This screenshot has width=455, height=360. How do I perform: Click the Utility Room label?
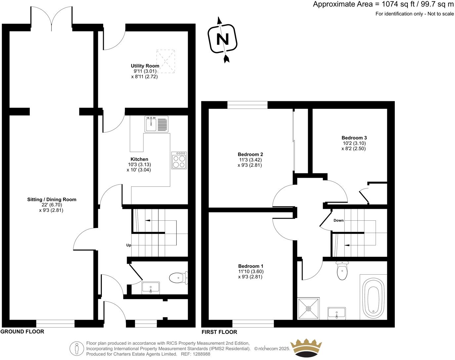click(145, 66)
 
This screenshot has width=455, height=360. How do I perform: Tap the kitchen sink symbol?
click(156, 124)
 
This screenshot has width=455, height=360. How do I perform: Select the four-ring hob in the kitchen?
click(179, 160)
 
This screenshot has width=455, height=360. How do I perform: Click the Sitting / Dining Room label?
click(52, 200)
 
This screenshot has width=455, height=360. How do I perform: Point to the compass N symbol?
click(223, 39)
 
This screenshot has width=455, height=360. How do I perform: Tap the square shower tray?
click(309, 309)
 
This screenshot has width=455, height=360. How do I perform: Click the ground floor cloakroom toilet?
click(178, 277)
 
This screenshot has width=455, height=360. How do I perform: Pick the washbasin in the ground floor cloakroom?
click(151, 288)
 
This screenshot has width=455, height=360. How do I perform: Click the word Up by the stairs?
click(129, 245)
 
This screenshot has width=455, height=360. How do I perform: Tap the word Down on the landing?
click(338, 220)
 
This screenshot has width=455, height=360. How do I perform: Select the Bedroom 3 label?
click(354, 138)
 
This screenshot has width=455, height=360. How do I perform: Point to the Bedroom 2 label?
click(250, 154)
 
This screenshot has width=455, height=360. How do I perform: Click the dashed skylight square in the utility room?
click(165, 61)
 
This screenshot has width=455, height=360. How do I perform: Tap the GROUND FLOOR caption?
click(22, 332)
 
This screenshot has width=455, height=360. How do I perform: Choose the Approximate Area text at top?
click(383, 4)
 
